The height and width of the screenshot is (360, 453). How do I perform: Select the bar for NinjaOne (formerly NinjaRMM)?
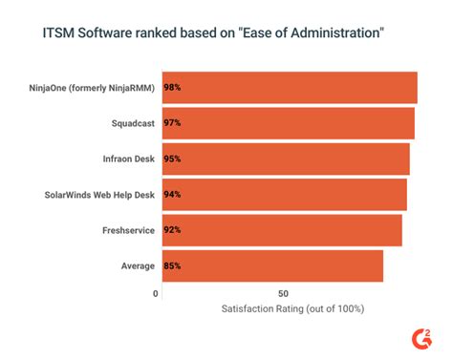coord(290,88)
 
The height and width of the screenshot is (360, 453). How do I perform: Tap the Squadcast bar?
coord(288,123)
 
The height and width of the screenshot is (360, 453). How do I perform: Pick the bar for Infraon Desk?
coord(286,159)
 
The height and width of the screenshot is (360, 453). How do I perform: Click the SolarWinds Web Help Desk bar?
coord(284,194)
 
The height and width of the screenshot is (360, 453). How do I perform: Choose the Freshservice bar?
coord(282,230)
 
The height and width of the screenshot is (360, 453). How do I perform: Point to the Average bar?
coord(272,265)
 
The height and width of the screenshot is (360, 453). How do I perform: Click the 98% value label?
coord(172,88)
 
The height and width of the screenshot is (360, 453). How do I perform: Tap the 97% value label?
coord(172,123)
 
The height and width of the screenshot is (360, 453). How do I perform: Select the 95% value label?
coord(172,159)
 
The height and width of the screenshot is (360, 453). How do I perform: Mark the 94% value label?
coord(172,194)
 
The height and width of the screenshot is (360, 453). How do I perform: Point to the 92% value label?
coord(172,230)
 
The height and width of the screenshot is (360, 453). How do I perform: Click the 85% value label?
coord(172,265)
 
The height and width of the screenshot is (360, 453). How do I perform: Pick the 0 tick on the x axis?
coord(156,293)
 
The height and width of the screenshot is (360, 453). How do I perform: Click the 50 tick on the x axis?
coord(283,293)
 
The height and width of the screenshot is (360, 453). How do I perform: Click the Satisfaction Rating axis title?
coord(292,309)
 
